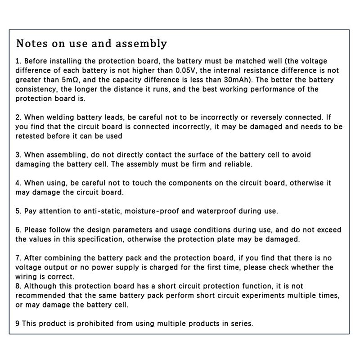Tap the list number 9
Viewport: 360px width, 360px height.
(x=18, y=324)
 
